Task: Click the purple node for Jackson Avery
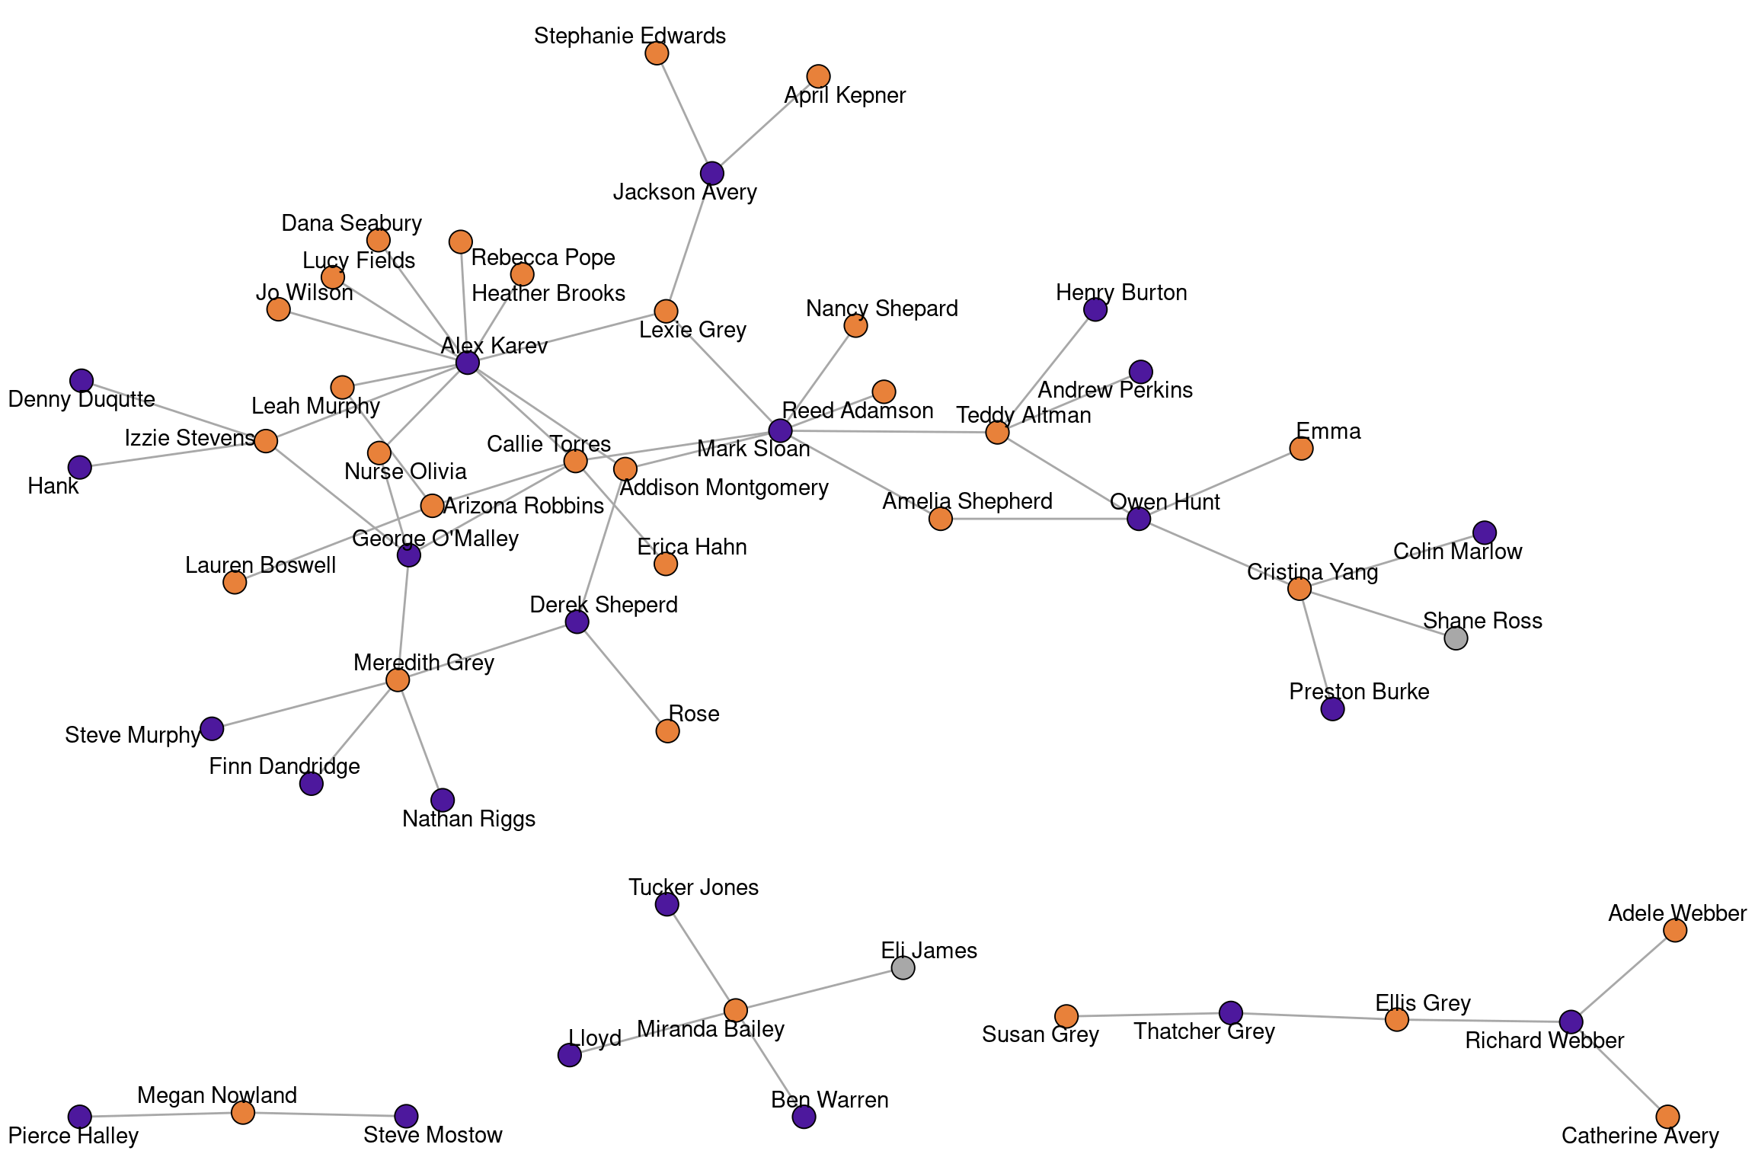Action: pyautogui.click(x=711, y=174)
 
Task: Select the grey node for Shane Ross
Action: pyautogui.click(x=1456, y=638)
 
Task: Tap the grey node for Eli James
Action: pyautogui.click(x=903, y=968)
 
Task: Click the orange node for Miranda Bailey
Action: pyautogui.click(x=735, y=1011)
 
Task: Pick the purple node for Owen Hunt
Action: pyautogui.click(x=1138, y=519)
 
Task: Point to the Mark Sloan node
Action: pyautogui.click(x=780, y=430)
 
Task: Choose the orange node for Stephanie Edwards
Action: pyautogui.click(x=657, y=53)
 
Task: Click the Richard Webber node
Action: pyautogui.click(x=1571, y=1021)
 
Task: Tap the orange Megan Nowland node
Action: pyautogui.click(x=243, y=1113)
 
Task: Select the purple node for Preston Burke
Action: pyautogui.click(x=1332, y=709)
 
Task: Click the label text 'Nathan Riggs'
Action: pyautogui.click(x=468, y=819)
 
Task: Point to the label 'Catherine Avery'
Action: pyautogui.click(x=1640, y=1136)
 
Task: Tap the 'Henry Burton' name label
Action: pyautogui.click(x=1121, y=292)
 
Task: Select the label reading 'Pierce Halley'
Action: pyautogui.click(x=73, y=1136)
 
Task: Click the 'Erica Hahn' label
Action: pyautogui.click(x=692, y=547)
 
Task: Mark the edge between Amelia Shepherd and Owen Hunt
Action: pyautogui.click(x=1040, y=519)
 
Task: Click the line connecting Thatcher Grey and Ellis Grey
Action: pyautogui.click(x=1314, y=1016)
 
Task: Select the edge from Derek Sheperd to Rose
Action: pyautogui.click(x=622, y=676)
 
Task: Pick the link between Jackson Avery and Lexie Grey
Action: pyautogui.click(x=689, y=242)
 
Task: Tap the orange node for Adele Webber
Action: pyautogui.click(x=1674, y=930)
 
